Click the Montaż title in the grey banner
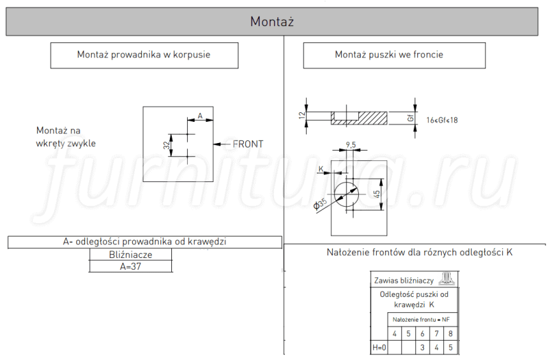point(272,22)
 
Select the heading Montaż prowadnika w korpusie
point(144,55)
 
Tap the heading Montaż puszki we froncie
point(389,55)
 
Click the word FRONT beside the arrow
point(248,144)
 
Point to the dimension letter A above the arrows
point(200,116)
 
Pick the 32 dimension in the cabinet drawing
point(166,145)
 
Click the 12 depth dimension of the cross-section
point(302,115)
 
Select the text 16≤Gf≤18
point(442,120)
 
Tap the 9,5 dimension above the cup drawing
point(351,144)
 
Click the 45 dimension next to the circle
point(377,194)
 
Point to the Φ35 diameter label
point(320,203)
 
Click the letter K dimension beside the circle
point(321,169)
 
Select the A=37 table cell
point(131,266)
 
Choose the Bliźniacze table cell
point(131,255)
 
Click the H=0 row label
point(379,348)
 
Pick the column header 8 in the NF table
point(451,334)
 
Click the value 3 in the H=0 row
point(423,348)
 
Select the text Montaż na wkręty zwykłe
point(66,137)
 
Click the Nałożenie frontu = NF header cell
point(421,320)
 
